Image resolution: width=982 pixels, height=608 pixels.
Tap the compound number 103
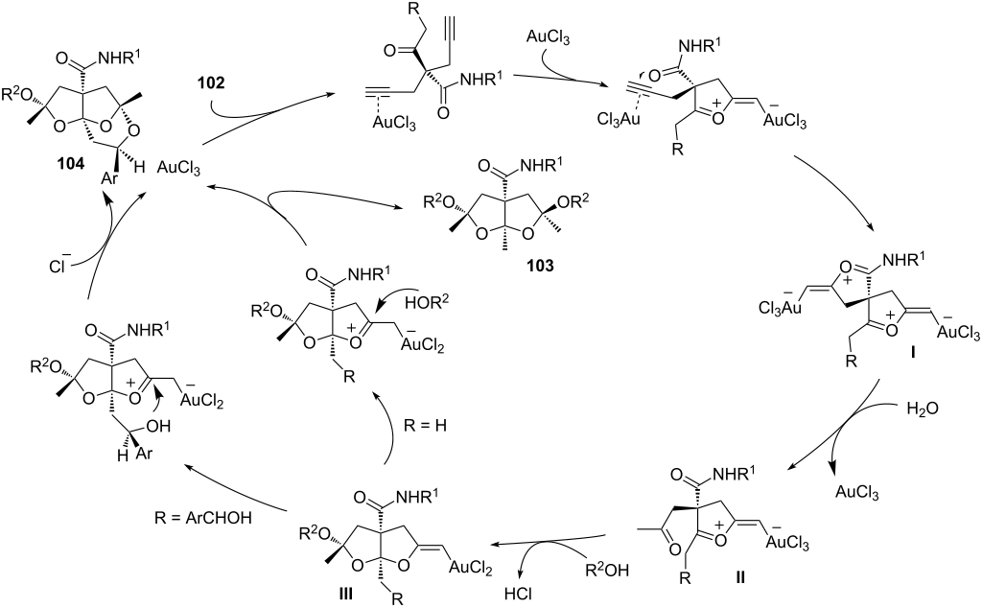point(540,266)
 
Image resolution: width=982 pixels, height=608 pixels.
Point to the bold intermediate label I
point(913,354)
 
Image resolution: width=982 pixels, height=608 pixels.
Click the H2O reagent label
point(923,409)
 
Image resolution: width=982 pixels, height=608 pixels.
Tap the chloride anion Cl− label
point(60,266)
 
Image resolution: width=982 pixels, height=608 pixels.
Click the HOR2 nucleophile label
point(428,302)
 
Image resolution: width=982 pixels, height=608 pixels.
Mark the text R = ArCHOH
point(203,518)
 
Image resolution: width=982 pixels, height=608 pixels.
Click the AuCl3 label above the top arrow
point(548,38)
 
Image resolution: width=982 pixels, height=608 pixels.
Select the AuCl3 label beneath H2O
point(857,492)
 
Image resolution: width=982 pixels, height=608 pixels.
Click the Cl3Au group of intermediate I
point(780,309)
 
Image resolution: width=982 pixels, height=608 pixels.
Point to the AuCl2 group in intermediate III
point(470,568)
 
